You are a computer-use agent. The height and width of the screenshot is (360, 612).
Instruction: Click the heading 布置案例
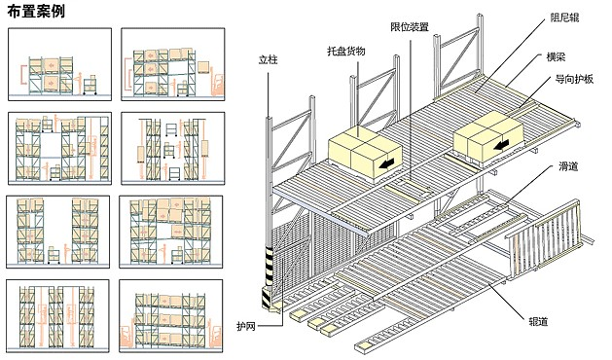click(x=36, y=12)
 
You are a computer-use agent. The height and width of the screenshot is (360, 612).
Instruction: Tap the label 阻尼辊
click(x=564, y=18)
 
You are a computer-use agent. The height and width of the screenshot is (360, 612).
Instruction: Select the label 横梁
click(x=556, y=57)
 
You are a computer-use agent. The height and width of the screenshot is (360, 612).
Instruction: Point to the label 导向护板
click(x=574, y=79)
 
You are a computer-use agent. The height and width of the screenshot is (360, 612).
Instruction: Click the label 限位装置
click(x=410, y=26)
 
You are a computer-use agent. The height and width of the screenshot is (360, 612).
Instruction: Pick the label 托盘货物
click(x=345, y=51)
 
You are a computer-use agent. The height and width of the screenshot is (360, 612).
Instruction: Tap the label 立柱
click(x=268, y=59)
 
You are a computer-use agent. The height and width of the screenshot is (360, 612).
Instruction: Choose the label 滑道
click(x=568, y=166)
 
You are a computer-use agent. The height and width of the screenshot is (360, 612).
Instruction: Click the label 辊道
click(x=538, y=322)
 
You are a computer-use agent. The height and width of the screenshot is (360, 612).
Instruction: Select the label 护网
click(x=246, y=326)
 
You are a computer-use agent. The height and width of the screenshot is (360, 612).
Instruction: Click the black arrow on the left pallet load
click(x=386, y=163)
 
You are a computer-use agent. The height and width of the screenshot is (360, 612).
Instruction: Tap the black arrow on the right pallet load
click(x=501, y=145)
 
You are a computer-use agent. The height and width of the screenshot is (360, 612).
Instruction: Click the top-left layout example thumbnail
click(x=59, y=64)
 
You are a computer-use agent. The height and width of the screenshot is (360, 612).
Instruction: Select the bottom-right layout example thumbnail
click(x=171, y=316)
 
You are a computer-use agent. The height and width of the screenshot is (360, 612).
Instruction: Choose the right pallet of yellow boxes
click(x=487, y=136)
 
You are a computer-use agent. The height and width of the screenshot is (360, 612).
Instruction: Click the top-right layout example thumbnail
click(x=173, y=64)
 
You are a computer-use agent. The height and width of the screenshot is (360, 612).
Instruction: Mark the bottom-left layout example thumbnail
click(x=57, y=316)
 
